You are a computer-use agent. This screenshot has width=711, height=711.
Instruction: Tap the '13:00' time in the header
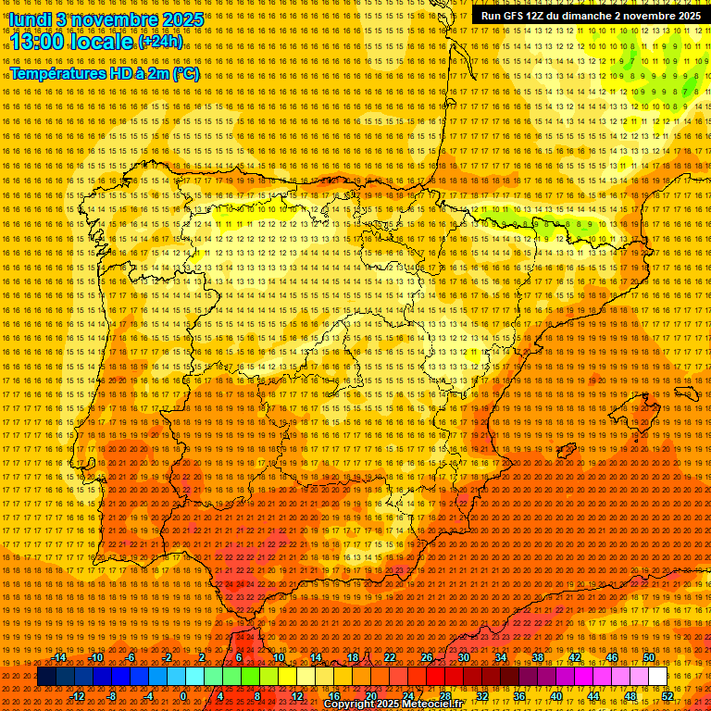[38, 41]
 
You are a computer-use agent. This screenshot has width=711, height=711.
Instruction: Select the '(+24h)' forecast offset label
[160, 42]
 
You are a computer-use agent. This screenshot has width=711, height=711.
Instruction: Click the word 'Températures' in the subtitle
[56, 73]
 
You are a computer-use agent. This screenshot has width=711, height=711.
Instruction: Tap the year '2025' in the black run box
[682, 16]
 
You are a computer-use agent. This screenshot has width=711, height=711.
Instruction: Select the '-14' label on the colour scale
[59, 657]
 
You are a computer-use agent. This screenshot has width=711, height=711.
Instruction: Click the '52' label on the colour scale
[667, 696]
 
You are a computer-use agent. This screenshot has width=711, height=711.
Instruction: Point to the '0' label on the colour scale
[183, 696]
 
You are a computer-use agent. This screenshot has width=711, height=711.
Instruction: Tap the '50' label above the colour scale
[649, 657]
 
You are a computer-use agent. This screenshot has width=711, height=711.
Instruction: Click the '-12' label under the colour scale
[78, 696]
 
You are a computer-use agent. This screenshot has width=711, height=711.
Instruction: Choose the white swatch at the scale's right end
[658, 677]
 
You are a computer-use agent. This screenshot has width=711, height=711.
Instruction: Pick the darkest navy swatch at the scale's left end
[46, 677]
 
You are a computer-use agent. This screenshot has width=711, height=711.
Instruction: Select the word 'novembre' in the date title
[106, 19]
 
